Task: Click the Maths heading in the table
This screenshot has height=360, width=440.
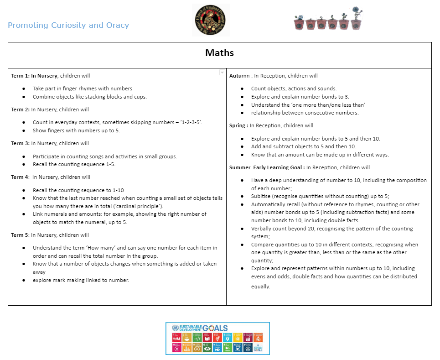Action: [219, 53]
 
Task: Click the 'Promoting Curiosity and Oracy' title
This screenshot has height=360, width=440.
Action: [68, 25]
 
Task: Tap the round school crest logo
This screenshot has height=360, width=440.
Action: [211, 20]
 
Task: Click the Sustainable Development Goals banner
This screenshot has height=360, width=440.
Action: [217, 338]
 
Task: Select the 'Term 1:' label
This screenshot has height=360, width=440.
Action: [20, 76]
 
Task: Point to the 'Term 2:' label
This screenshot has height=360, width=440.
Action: [20, 110]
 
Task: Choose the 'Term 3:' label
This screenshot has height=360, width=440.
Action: [20, 143]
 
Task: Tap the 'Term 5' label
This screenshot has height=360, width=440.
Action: [20, 235]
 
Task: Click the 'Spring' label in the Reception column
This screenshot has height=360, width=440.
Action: [238, 125]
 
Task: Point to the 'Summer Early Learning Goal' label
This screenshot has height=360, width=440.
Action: [266, 167]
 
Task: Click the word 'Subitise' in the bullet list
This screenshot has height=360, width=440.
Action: [263, 196]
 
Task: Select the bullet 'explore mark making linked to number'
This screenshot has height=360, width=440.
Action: [81, 280]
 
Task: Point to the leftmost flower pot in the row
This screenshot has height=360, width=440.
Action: [299, 24]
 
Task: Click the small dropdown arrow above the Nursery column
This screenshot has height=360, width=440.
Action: [222, 73]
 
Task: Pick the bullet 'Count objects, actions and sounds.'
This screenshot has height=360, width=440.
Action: [294, 89]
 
